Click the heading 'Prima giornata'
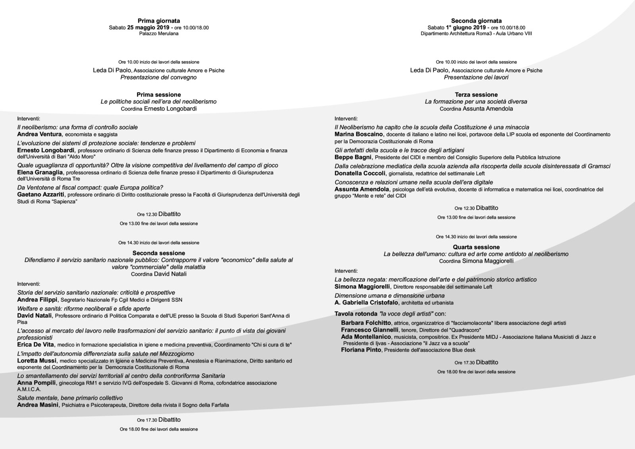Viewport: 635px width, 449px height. [x=159, y=21]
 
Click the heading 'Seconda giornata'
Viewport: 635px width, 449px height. [x=476, y=21]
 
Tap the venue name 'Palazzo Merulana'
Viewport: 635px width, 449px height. [x=159, y=34]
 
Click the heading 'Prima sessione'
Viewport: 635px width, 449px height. [x=159, y=94]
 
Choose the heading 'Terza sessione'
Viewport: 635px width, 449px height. [x=476, y=94]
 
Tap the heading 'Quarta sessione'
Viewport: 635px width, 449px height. [x=476, y=247]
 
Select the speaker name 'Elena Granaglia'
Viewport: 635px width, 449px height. [x=40, y=172]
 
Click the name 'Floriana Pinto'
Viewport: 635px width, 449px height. [x=361, y=350]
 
